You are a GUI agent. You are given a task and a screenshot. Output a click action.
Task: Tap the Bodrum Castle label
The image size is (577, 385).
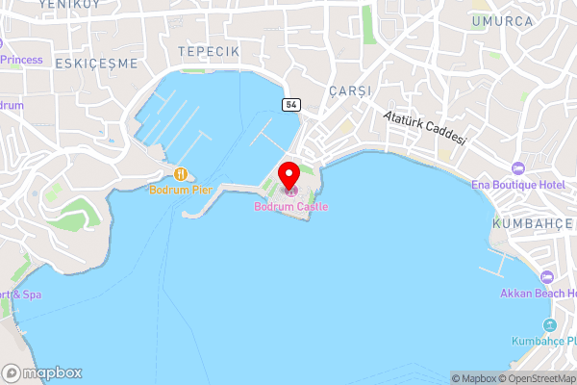[x=290, y=207]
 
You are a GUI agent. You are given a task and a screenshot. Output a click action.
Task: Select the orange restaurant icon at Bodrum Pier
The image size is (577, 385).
[x=180, y=173]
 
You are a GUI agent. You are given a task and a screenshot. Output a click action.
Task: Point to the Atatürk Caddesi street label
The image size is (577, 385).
[x=424, y=126]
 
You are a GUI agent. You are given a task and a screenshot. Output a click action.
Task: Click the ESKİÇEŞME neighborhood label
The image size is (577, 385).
[x=96, y=64]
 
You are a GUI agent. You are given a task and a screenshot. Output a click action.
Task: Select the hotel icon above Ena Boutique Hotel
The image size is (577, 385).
[x=517, y=168]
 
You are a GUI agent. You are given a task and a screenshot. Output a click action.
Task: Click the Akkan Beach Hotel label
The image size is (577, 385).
[x=538, y=293]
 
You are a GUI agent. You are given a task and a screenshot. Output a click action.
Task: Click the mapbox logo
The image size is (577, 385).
[x=42, y=372]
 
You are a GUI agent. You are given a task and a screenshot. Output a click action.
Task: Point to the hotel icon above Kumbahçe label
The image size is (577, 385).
[x=548, y=324]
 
